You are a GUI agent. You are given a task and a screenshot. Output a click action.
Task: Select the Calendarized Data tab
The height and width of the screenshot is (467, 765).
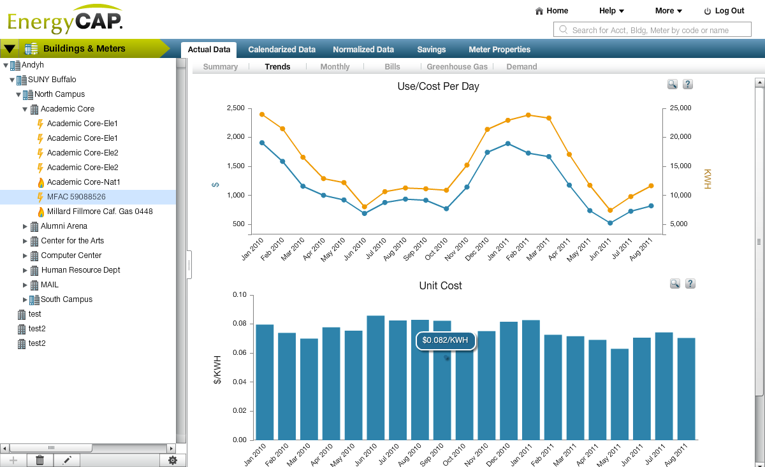[x=282, y=50]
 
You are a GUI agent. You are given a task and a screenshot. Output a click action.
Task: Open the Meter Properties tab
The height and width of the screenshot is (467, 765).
[x=499, y=50]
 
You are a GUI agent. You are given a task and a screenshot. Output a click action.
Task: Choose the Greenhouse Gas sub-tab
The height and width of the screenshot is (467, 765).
[x=456, y=67]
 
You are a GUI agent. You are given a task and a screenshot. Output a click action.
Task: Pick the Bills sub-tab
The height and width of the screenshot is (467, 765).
[x=392, y=67]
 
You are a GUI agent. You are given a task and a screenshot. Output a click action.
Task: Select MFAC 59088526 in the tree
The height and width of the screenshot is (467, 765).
[x=76, y=197]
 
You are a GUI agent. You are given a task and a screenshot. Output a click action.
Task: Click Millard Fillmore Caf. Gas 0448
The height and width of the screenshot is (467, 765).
[x=99, y=212]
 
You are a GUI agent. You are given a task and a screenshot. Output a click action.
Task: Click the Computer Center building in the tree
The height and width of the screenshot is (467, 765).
[x=71, y=255]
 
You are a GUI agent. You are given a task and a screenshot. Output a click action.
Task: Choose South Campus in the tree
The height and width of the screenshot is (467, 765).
[x=66, y=299]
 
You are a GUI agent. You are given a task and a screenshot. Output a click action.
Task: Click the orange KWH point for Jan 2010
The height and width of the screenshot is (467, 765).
[x=262, y=114]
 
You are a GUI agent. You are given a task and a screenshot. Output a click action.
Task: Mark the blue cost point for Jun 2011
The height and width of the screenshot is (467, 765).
[x=610, y=223]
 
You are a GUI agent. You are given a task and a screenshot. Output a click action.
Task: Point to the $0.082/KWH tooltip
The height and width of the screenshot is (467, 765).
[x=446, y=341]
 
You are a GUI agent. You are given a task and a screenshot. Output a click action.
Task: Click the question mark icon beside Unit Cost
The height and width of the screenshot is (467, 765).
[x=689, y=284]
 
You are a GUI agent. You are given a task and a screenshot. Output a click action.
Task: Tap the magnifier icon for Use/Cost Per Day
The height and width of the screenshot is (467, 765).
[x=672, y=84]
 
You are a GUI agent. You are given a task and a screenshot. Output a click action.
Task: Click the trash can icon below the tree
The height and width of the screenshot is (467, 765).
[x=40, y=460]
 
